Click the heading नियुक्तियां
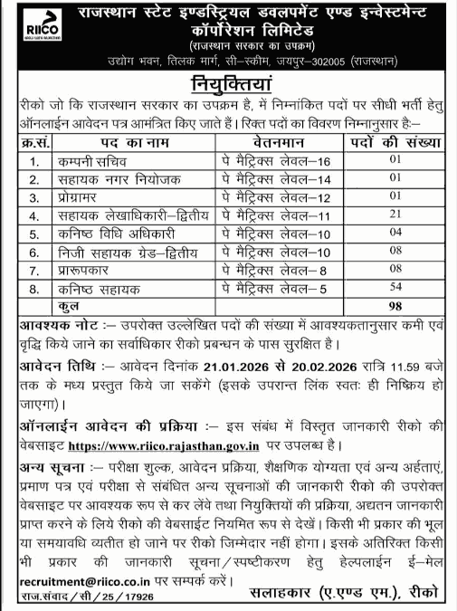(228, 87)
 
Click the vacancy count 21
(394, 215)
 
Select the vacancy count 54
(394, 288)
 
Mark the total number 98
(394, 306)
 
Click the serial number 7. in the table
(34, 270)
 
